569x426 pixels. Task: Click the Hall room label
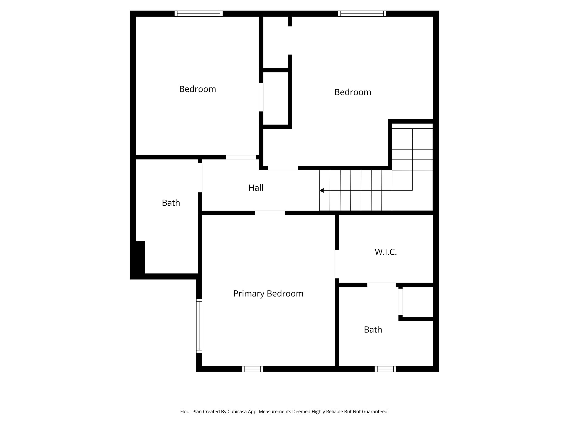click(256, 188)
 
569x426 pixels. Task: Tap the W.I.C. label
click(385, 252)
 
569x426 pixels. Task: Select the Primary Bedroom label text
click(268, 293)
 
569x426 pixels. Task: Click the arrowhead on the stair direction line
click(321, 190)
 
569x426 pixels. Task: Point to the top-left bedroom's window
click(198, 14)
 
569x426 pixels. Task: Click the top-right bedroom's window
click(362, 14)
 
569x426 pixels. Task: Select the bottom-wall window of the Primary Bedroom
click(252, 369)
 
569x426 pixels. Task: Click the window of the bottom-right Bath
click(385, 369)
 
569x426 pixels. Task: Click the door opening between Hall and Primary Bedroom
click(270, 213)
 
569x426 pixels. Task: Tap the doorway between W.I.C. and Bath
click(381, 285)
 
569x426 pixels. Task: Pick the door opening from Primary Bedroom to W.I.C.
click(337, 264)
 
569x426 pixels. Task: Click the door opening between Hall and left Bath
click(200, 177)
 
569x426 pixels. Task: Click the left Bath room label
click(171, 203)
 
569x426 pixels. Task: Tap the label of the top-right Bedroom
click(353, 92)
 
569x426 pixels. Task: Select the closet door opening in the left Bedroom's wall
click(261, 97)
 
